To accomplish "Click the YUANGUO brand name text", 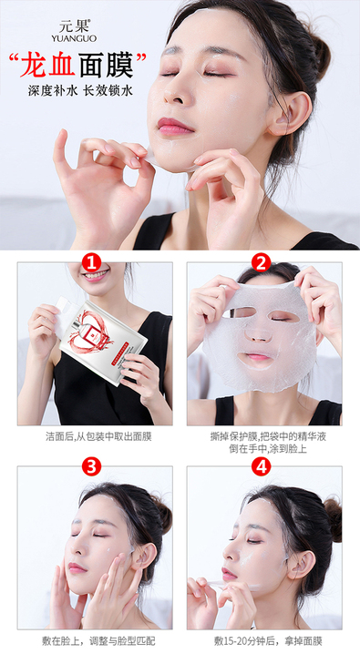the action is pos(74,38).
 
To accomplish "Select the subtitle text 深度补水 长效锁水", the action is pos(80,90).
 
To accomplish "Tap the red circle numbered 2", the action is pos(262,263).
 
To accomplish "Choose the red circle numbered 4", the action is pos(262,466).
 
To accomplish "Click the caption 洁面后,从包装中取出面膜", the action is pos(98,436).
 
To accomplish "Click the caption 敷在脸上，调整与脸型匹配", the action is pos(98,641).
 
